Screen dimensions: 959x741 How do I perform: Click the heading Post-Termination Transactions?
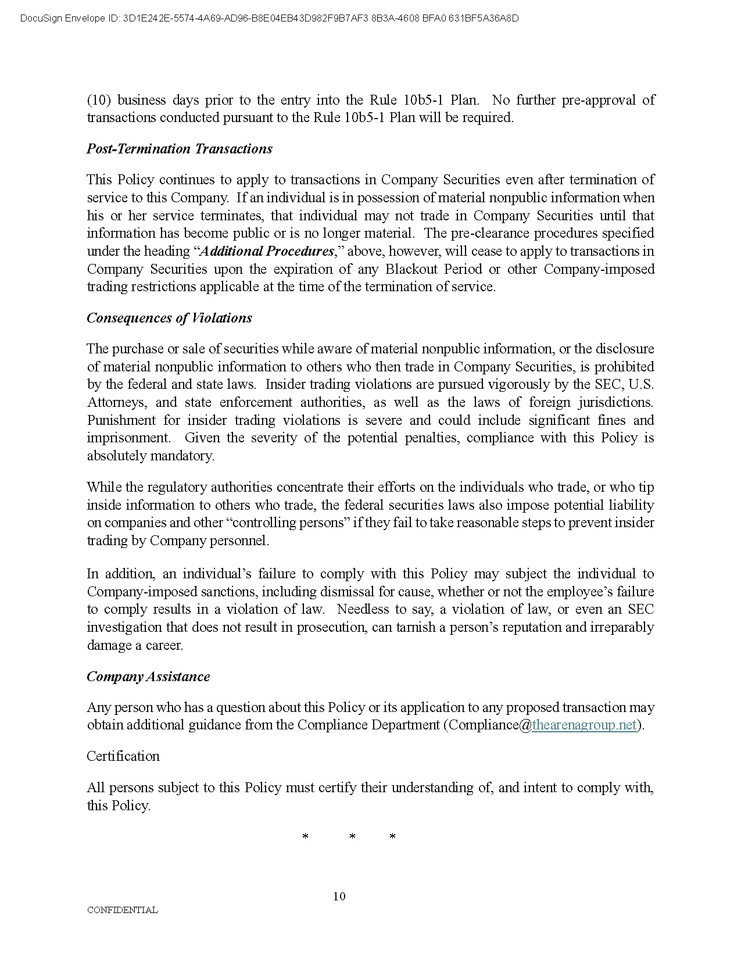pos(179,149)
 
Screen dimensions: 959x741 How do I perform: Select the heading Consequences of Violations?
pos(169,318)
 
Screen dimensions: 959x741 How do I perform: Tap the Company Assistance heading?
pos(148,677)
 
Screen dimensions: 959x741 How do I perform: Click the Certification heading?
pos(123,756)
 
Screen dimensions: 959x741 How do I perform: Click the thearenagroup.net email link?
pos(584,725)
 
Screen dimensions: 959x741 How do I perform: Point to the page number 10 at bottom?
pos(339,896)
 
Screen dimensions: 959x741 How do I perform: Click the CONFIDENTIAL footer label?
pos(122,910)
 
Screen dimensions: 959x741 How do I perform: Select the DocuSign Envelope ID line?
pos(269,19)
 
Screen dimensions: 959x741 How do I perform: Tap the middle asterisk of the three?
pos(352,837)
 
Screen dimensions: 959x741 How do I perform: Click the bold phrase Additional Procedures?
pos(267,251)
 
